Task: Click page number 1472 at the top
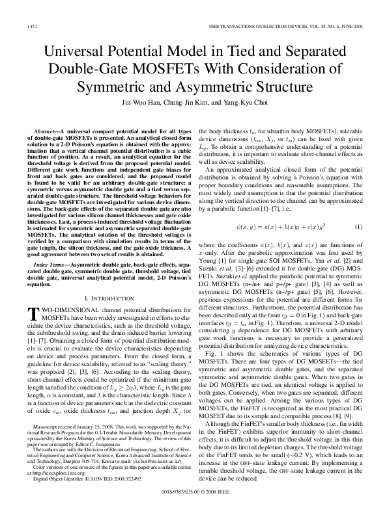(27, 26)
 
